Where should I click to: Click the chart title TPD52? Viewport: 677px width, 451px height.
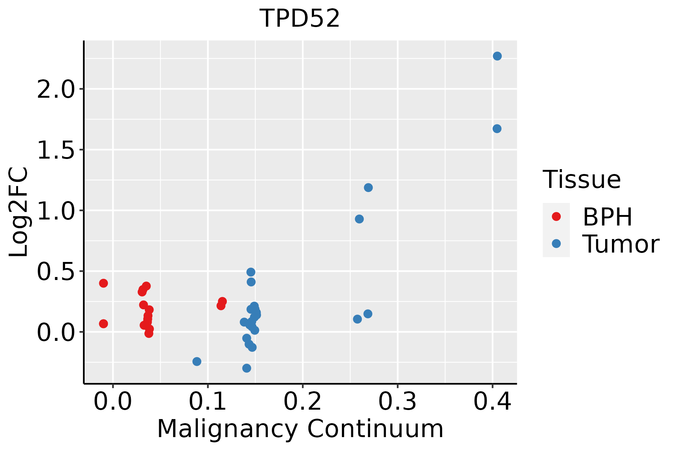coord(300,18)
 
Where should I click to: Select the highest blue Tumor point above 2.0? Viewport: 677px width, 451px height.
coord(497,56)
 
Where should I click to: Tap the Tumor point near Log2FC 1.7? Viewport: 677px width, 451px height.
coord(497,129)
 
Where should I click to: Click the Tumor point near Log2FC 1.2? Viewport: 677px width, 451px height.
coord(368,188)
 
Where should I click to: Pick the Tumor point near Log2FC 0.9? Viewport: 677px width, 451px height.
coord(359,219)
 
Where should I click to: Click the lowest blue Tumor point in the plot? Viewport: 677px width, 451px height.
coord(247,368)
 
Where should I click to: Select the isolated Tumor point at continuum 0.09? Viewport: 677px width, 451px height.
coord(197,362)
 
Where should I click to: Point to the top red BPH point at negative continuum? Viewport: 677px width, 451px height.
coord(103,283)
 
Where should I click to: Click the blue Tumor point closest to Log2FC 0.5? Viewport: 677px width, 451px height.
coord(251,272)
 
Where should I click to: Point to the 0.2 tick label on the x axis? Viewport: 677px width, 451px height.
coord(302,402)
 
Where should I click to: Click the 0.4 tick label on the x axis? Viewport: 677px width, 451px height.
coord(492,402)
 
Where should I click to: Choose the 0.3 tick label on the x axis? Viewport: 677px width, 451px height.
coord(397,402)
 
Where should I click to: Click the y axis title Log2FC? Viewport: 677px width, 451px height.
coord(19,212)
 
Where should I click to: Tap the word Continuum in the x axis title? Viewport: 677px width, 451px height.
coord(375,429)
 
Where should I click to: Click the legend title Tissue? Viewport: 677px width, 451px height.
coord(582,180)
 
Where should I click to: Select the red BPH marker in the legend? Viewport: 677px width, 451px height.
coord(556,216)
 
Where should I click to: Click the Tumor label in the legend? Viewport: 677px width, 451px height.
coord(621,244)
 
